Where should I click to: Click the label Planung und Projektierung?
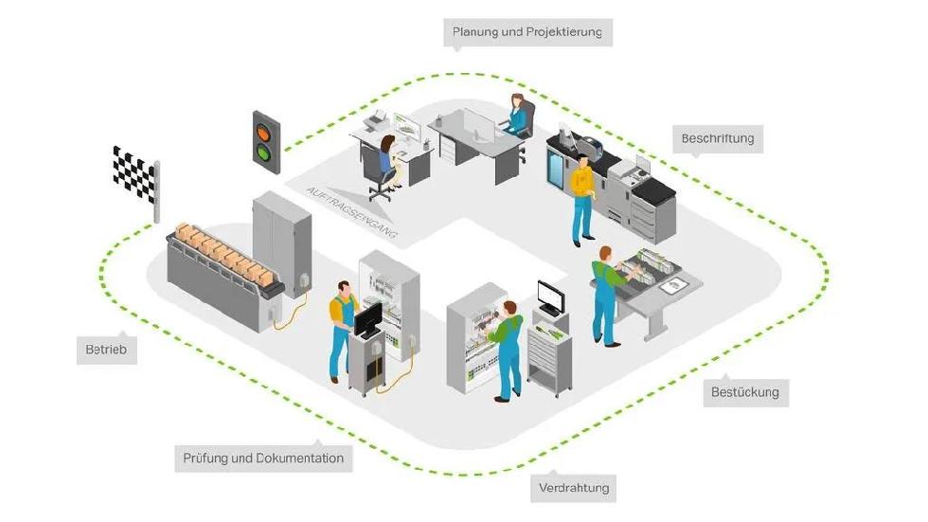click(527, 32)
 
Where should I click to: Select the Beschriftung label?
click(718, 138)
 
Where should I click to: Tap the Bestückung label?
click(744, 391)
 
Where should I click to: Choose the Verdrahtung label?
click(574, 489)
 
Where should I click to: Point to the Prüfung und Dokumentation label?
click(263, 459)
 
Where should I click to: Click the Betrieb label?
click(106, 351)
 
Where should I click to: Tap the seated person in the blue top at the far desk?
click(516, 115)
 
